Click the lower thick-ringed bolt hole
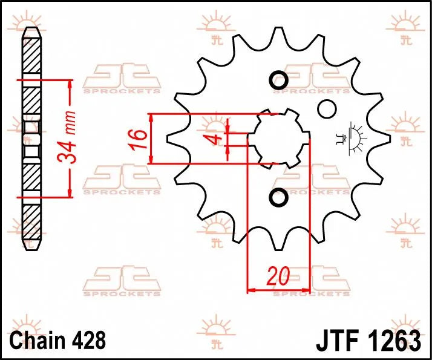(278, 197)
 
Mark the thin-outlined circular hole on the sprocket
(327, 109)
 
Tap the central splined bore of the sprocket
(278, 139)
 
